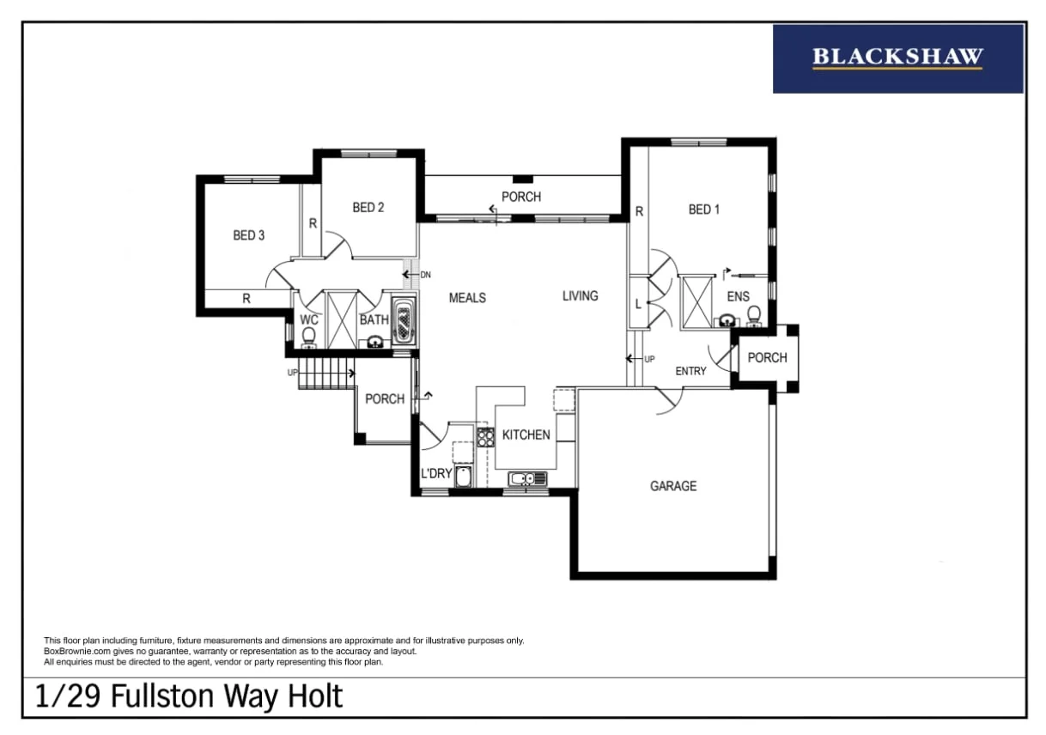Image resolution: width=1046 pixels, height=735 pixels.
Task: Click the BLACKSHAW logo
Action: click(x=897, y=58)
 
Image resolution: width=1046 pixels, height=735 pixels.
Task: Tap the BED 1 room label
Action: click(x=704, y=210)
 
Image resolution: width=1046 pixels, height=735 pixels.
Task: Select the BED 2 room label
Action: click(x=368, y=207)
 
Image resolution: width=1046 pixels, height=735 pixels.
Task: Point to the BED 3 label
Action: click(x=249, y=235)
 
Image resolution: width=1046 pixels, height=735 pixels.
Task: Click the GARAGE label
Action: click(x=673, y=486)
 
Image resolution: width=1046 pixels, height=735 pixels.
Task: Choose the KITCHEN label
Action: click(x=526, y=434)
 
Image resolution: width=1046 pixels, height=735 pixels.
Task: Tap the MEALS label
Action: click(x=467, y=298)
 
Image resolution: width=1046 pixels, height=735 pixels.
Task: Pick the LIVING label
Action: click(x=580, y=296)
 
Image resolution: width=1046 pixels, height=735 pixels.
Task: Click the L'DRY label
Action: click(x=436, y=474)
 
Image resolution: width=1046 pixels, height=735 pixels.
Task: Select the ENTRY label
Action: click(x=690, y=371)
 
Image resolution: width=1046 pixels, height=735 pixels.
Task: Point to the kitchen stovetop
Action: click(x=485, y=437)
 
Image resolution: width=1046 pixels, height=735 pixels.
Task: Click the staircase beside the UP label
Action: click(x=325, y=374)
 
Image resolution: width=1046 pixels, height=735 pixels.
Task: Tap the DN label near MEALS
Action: click(x=425, y=275)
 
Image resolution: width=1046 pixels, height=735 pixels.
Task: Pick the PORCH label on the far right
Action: click(x=767, y=357)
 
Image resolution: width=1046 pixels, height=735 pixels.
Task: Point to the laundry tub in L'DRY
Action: click(x=463, y=477)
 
